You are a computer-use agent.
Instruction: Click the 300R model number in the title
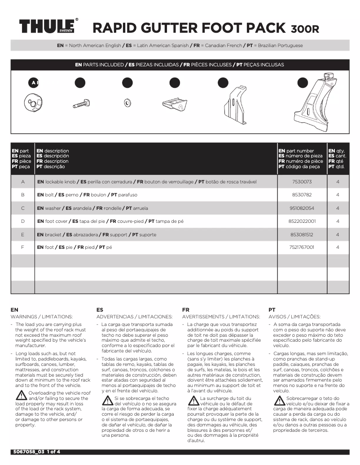click(x=305, y=29)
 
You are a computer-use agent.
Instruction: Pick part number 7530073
click(x=301, y=182)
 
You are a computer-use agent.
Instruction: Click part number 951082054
click(x=301, y=208)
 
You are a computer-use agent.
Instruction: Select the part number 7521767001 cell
click(x=301, y=247)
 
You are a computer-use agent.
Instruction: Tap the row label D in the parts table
click(x=22, y=221)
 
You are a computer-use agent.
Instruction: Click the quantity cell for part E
click(x=337, y=234)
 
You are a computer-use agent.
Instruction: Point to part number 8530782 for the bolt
click(x=301, y=195)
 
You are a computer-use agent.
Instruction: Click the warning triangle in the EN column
click(x=21, y=395)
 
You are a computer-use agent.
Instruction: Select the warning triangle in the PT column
click(x=279, y=400)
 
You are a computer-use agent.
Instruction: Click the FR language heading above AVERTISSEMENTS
click(x=186, y=309)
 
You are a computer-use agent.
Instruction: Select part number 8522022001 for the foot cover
click(x=301, y=221)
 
